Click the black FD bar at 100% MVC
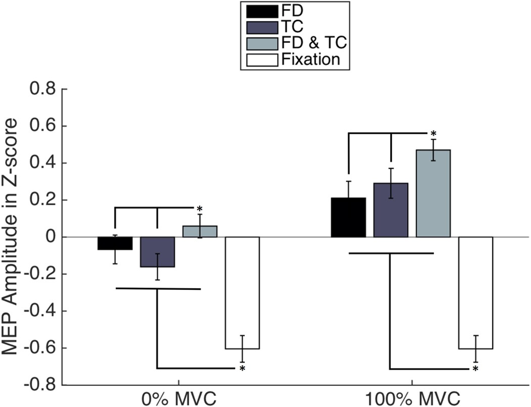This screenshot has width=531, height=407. (x=348, y=217)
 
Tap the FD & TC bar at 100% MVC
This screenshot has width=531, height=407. (x=433, y=193)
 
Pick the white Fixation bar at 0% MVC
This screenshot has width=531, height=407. (x=242, y=293)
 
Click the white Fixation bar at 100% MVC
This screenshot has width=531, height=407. (x=475, y=293)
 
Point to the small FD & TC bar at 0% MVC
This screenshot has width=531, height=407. (x=200, y=231)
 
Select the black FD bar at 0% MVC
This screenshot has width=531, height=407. (x=115, y=243)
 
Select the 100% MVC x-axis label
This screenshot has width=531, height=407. (x=412, y=397)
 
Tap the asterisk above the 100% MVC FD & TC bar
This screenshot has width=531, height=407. (x=433, y=134)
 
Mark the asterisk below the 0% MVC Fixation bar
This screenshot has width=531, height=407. (x=242, y=369)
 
